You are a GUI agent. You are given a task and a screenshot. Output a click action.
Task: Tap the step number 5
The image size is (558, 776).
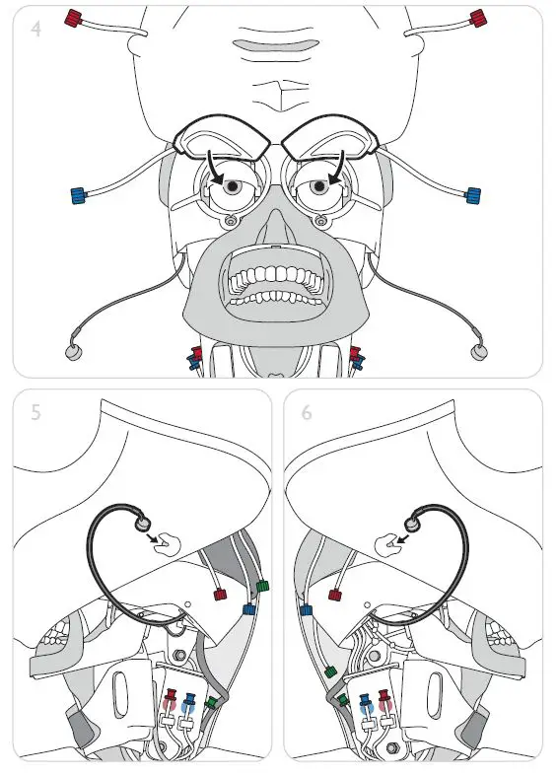35,412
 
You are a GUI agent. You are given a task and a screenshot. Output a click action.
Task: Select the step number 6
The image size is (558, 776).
307,412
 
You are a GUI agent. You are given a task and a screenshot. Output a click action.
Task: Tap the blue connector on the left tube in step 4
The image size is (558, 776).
78,194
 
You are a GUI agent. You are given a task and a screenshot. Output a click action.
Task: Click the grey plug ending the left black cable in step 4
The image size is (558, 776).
71,350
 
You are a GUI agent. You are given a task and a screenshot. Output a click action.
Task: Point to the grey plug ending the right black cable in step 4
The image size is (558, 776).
480,350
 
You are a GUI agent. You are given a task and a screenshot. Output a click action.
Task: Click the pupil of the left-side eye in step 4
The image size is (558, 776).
231,186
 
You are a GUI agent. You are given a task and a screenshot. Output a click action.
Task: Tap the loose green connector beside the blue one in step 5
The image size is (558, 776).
261,588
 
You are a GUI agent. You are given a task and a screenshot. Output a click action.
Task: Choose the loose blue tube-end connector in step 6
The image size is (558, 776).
305,611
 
